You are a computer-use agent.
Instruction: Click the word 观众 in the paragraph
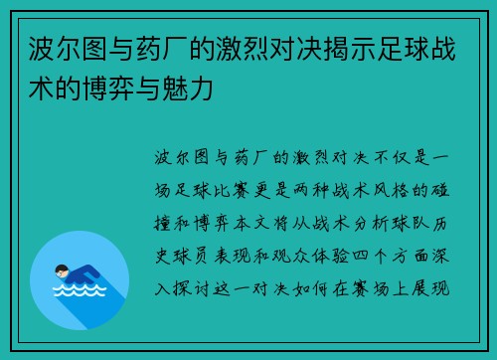point(299,256)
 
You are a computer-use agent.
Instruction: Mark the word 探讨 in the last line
point(196,288)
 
